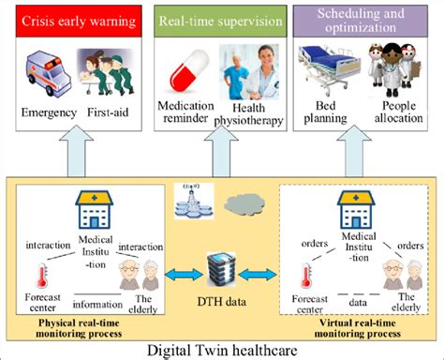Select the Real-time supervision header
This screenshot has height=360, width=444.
coord(222,20)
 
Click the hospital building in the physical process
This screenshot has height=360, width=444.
coord(96,211)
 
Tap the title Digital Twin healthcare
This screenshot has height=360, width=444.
coord(221,349)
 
